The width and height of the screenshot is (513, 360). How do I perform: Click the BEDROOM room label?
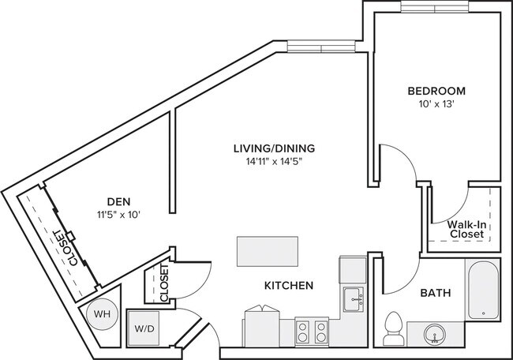pyautogui.click(x=436, y=90)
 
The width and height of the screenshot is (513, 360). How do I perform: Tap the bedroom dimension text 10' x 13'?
pyautogui.click(x=436, y=103)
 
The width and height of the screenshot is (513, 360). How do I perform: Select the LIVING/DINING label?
pyautogui.click(x=274, y=148)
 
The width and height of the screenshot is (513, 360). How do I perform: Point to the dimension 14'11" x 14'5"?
pyautogui.click(x=274, y=162)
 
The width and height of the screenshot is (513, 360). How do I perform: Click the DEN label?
pyautogui.click(x=118, y=201)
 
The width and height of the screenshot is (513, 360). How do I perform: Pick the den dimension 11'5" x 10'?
pyautogui.click(x=118, y=214)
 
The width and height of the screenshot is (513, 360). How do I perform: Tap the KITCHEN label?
pyautogui.click(x=290, y=285)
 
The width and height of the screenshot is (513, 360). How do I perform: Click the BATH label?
pyautogui.click(x=435, y=293)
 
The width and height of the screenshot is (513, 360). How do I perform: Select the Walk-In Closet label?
pyautogui.click(x=466, y=229)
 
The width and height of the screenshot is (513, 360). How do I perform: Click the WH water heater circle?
pyautogui.click(x=101, y=313)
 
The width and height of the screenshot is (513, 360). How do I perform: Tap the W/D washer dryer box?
pyautogui.click(x=144, y=328)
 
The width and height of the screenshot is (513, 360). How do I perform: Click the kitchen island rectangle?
pyautogui.click(x=268, y=252)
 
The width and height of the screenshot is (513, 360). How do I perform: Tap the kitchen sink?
pyautogui.click(x=353, y=299)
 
